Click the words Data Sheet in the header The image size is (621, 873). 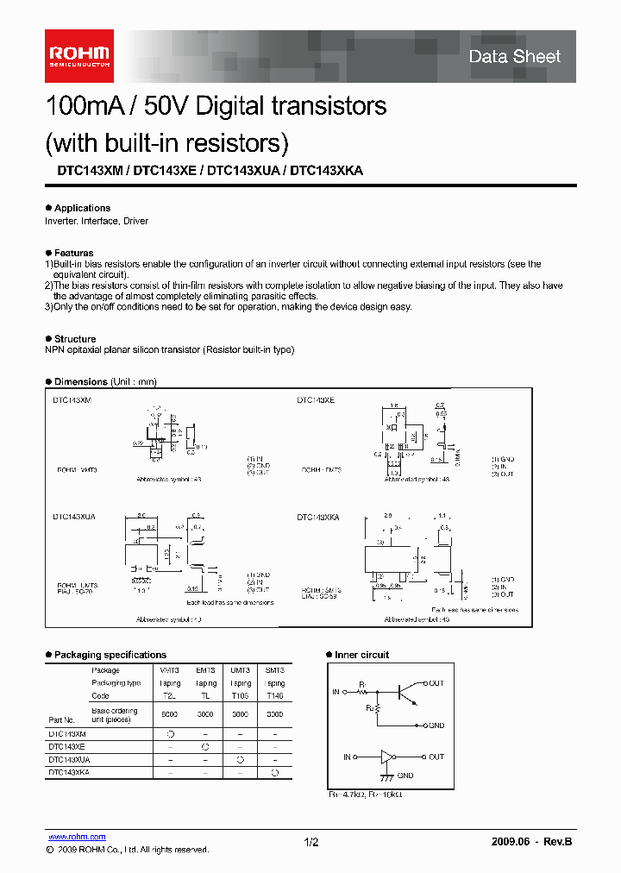tap(514, 57)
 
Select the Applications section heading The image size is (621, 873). tap(82, 208)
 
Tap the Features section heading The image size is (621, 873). tap(73, 253)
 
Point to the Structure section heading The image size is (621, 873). tap(75, 339)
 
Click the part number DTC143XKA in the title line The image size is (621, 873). tap(327, 171)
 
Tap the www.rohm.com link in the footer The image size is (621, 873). tap(77, 837)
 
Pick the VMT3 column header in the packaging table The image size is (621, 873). tap(169, 670)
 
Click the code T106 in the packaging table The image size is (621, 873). tap(239, 695)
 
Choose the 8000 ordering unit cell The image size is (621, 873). tap(169, 715)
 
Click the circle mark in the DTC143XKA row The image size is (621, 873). tap(274, 773)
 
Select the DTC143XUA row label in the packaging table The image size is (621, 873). tap(68, 760)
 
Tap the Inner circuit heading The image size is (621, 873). tap(361, 655)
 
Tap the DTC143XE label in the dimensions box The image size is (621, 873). tap(316, 400)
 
